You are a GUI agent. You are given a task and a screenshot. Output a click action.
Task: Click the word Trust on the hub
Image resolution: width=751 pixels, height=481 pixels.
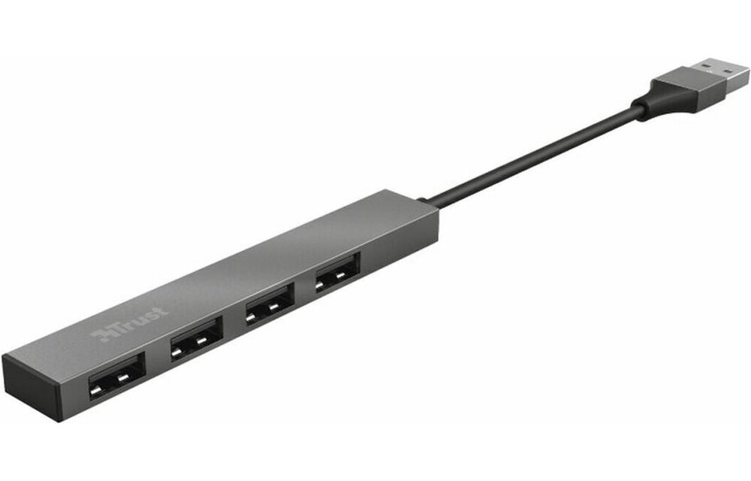tap(131, 321)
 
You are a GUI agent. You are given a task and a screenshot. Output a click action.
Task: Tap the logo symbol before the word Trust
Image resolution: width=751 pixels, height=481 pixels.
tap(100, 332)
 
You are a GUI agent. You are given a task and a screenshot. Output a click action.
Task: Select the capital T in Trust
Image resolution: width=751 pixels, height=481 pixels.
tap(113, 327)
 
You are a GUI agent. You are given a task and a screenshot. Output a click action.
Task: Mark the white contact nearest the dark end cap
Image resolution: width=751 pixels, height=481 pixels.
tap(98, 390)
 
